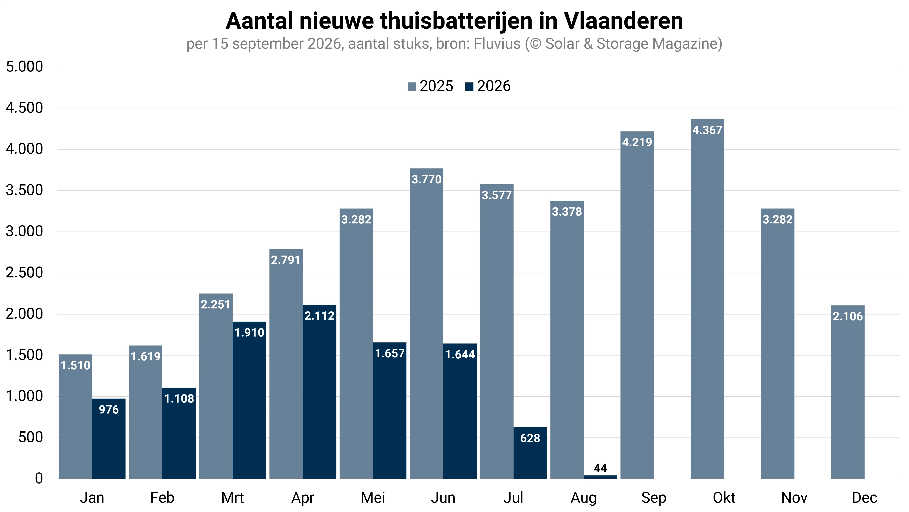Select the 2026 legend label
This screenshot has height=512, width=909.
click(x=494, y=86)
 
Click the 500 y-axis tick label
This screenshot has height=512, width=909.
click(x=31, y=437)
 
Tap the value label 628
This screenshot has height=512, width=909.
click(x=530, y=438)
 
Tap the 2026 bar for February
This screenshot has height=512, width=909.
click(x=179, y=433)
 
